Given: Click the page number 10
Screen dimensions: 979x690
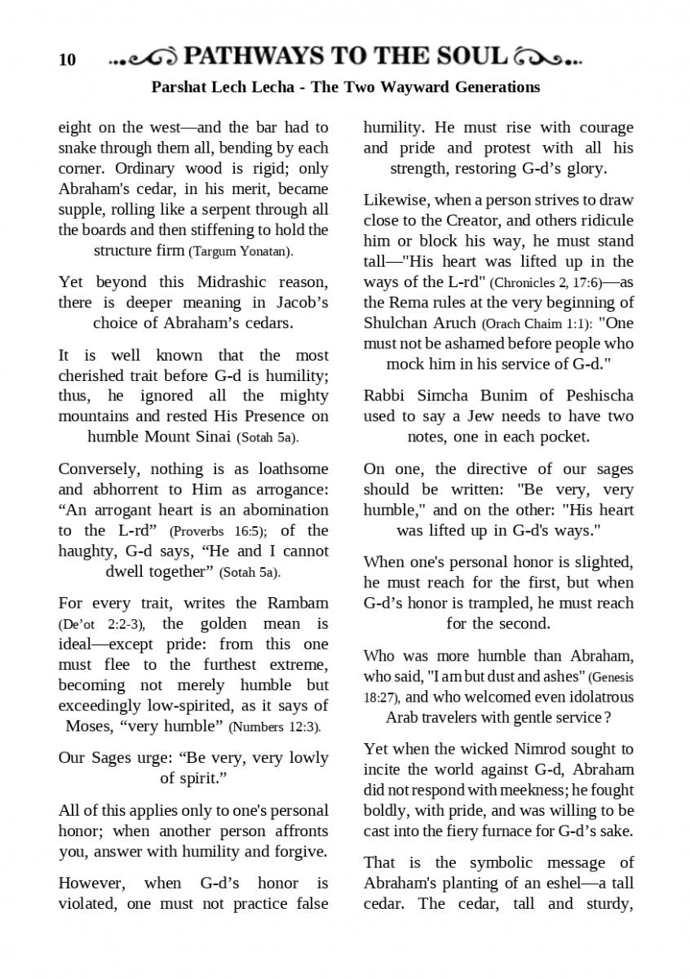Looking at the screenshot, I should pyautogui.click(x=68, y=60).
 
